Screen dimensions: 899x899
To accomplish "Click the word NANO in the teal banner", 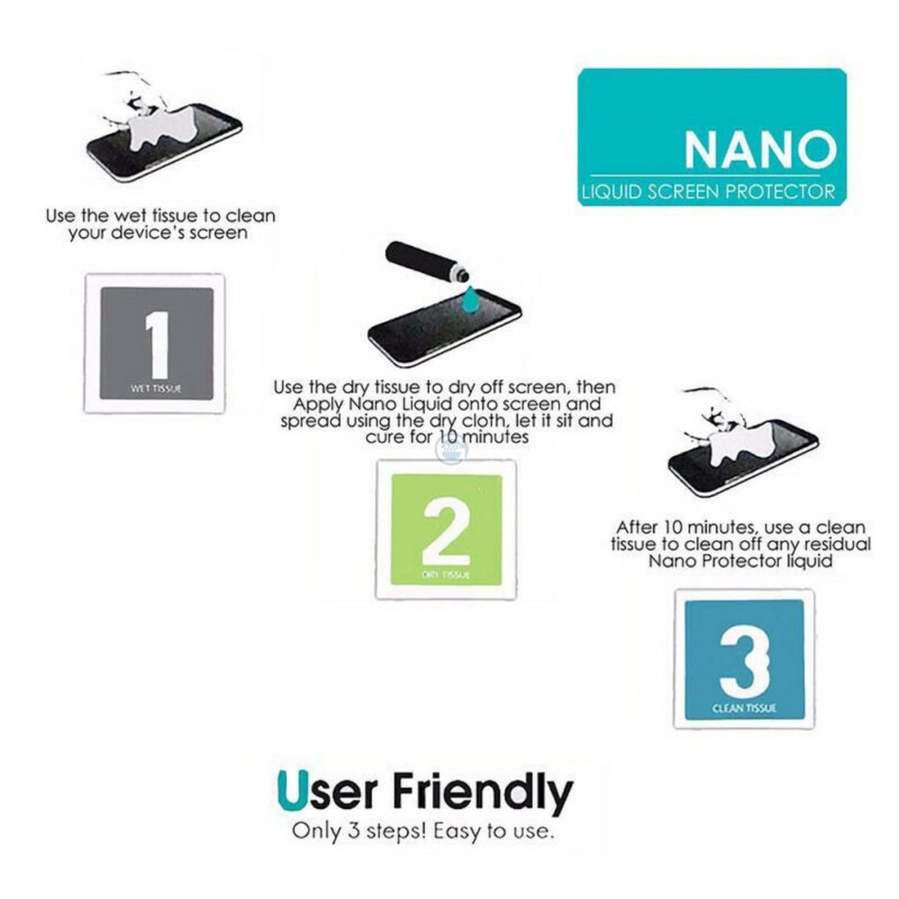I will point(759,149).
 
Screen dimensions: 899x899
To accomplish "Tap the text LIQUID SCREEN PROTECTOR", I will point(707,191).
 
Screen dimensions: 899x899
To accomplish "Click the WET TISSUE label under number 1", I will point(156,388).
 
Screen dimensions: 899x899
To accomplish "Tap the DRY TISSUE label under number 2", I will point(446,575).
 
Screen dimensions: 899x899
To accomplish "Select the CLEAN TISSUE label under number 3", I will point(744,708).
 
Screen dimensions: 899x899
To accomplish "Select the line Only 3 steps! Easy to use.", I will point(423,831).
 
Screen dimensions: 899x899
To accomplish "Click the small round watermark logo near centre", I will point(451,449).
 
